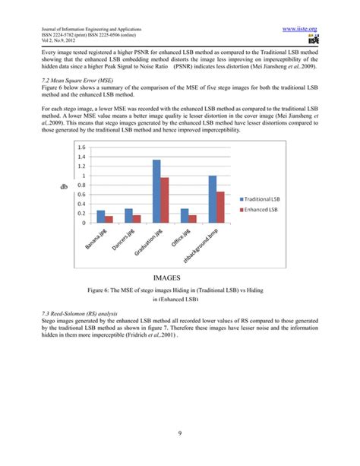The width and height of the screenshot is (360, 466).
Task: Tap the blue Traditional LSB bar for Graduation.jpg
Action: [x=156, y=191]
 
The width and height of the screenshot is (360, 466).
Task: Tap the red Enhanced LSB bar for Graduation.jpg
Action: [x=165, y=200]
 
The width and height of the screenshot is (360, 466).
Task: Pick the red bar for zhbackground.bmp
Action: [x=221, y=207]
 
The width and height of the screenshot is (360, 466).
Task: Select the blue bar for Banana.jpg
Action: [x=101, y=217]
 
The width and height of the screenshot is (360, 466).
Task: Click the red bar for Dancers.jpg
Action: [x=137, y=219]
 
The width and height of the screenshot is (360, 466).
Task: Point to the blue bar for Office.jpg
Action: [x=185, y=216]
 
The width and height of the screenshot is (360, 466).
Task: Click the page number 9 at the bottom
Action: [x=180, y=433]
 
